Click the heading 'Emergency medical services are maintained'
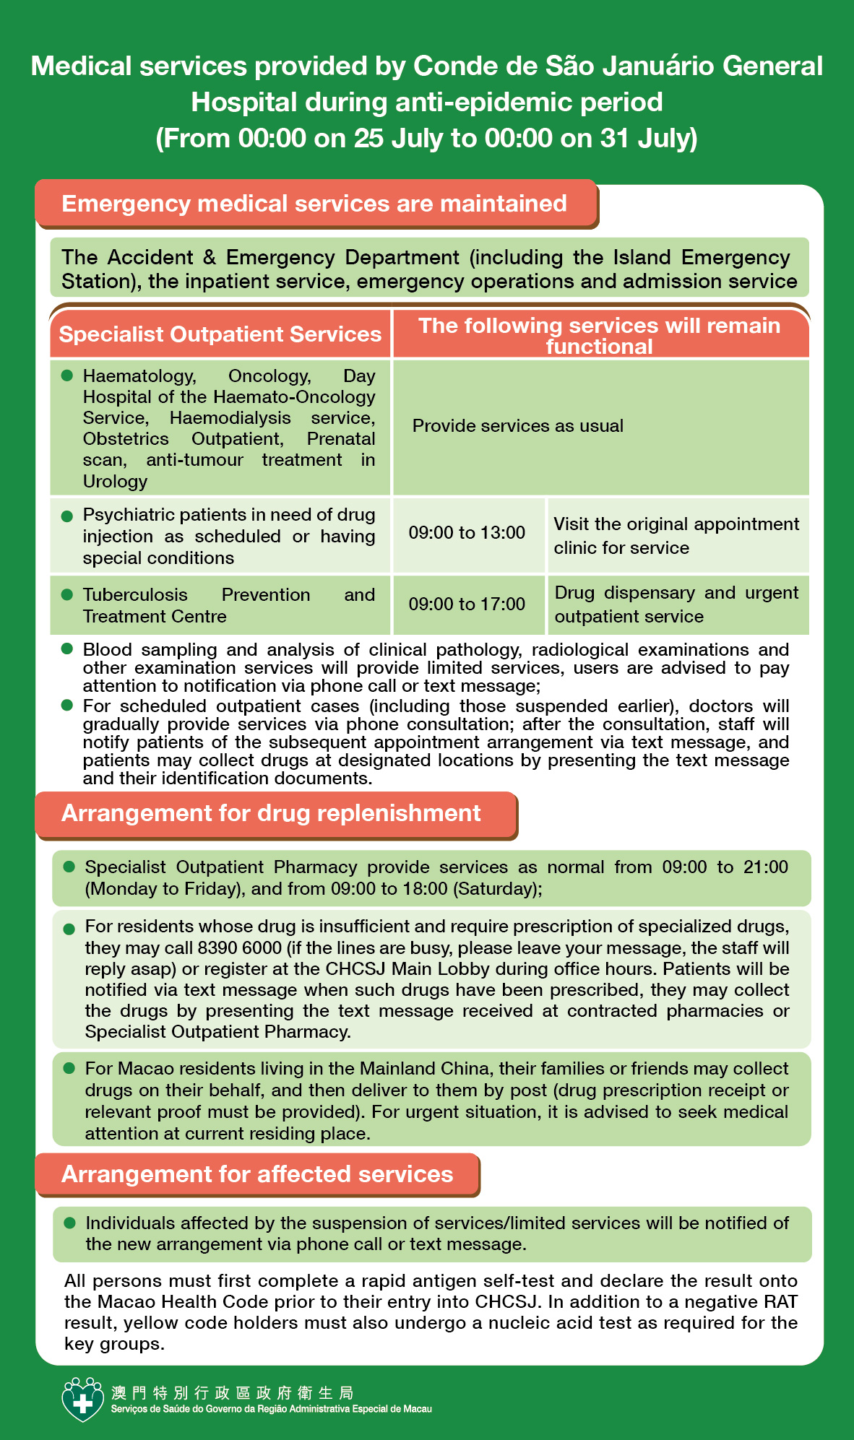[x=314, y=204]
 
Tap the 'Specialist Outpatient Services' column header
[x=220, y=334]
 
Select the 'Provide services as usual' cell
[x=517, y=426]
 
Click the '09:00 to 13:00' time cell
[x=467, y=533]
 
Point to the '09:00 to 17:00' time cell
[x=467, y=604]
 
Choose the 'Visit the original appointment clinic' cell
[x=676, y=536]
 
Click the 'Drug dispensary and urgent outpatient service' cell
[x=676, y=604]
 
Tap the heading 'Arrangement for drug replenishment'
[x=271, y=813]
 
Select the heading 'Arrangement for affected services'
[x=257, y=1174]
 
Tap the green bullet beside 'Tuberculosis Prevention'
[x=67, y=594]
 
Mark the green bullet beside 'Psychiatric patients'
[x=67, y=516]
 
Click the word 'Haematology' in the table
[x=139, y=376]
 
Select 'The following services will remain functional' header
[x=599, y=335]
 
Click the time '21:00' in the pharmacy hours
[x=766, y=867]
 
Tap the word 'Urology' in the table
[x=115, y=482]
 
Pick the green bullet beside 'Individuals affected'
[x=70, y=1223]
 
